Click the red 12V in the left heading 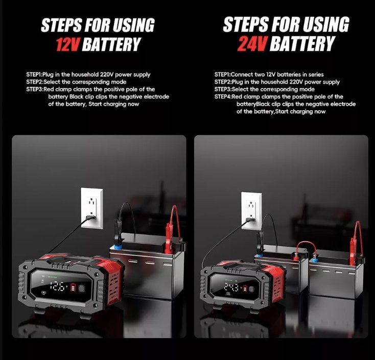(x=68, y=45)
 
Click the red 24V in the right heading (x=252, y=44)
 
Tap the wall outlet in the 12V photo (x=92, y=208)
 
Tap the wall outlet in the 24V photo (x=251, y=210)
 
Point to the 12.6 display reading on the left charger (x=58, y=286)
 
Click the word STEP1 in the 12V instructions (x=34, y=75)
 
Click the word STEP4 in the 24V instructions (x=222, y=97)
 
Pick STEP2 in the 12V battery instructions (x=34, y=82)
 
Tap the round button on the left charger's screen (x=82, y=288)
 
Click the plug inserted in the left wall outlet (x=90, y=218)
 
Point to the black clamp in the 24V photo (x=259, y=241)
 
